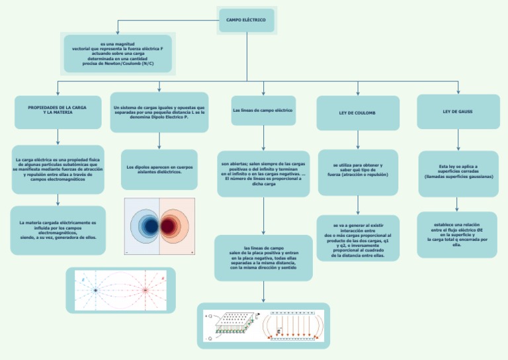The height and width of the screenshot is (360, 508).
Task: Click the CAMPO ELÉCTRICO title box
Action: (x=246, y=21)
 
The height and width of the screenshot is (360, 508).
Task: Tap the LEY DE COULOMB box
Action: (x=357, y=113)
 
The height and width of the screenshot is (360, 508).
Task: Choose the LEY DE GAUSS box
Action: (x=458, y=112)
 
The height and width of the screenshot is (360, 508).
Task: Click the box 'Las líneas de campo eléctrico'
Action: (x=263, y=111)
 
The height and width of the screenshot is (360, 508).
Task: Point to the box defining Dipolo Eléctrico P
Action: (x=159, y=112)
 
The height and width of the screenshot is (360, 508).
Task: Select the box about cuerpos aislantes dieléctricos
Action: (x=159, y=169)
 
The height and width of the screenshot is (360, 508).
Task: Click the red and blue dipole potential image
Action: (x=159, y=226)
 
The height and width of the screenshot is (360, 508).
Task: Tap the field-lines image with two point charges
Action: (x=120, y=290)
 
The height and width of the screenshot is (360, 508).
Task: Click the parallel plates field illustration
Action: (x=263, y=326)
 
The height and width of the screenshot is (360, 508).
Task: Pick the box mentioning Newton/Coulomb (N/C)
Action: (x=118, y=54)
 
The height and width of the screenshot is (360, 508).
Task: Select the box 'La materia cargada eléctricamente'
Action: (x=58, y=230)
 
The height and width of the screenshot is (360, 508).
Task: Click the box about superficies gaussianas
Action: (x=458, y=173)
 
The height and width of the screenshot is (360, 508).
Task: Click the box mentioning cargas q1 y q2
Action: (x=358, y=238)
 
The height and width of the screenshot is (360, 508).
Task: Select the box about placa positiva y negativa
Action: (x=263, y=257)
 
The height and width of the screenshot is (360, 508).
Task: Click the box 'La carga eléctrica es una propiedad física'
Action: (x=58, y=169)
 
